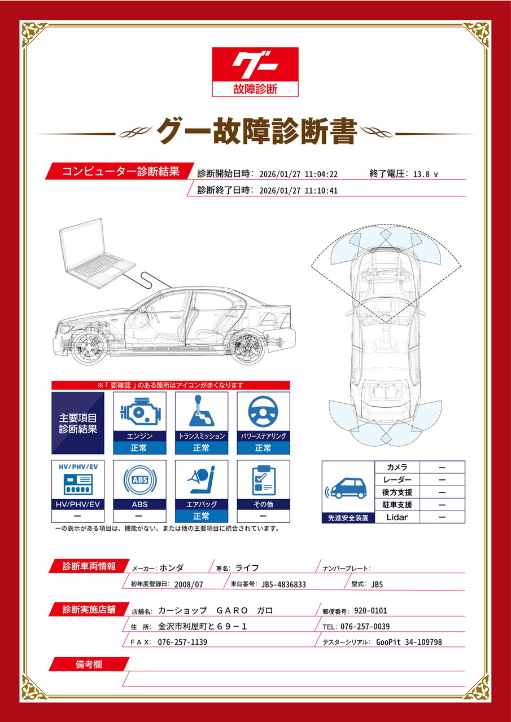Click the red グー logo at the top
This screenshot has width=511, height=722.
(255, 72)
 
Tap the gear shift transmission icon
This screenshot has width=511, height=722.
(202, 411)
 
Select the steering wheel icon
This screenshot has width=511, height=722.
(263, 411)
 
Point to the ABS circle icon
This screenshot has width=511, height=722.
(139, 480)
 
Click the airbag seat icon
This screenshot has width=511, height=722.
(202, 479)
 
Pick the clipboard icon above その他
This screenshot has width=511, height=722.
(264, 480)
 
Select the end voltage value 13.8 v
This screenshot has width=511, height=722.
(425, 174)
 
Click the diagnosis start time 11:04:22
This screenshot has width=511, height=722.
(321, 174)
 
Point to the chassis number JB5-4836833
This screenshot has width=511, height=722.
(283, 584)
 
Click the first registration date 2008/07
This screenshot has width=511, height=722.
(189, 584)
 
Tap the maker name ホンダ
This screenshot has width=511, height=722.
(171, 568)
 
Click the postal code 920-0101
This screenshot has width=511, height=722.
(370, 610)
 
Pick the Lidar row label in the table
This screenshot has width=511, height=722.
(397, 517)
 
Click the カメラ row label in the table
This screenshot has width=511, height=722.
(397, 467)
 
